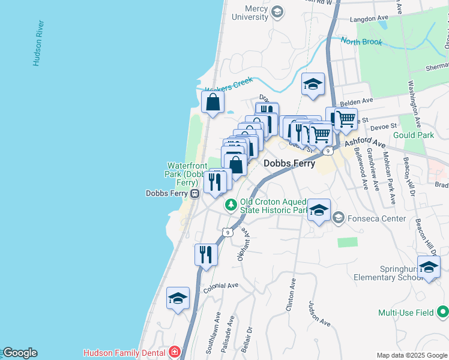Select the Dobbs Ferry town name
289,163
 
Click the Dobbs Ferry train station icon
195,194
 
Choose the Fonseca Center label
377,218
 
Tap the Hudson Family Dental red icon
174,352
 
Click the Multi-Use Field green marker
443,313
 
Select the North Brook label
361,42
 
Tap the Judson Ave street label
319,313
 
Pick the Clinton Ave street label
292,294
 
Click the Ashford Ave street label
364,143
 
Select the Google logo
19,353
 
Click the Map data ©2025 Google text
411,355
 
